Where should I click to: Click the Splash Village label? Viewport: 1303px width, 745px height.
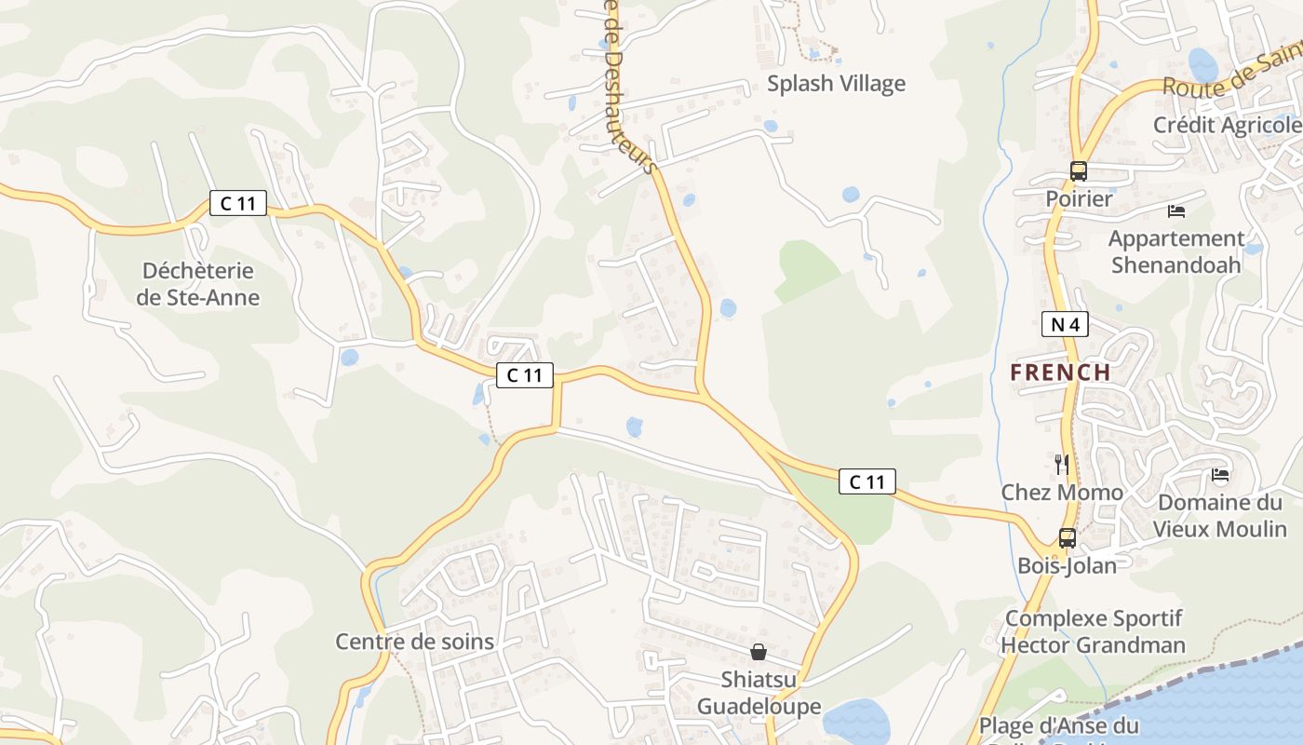(836, 84)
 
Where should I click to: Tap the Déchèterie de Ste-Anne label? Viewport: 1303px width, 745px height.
(198, 284)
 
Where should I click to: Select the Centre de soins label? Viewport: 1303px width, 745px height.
(414, 642)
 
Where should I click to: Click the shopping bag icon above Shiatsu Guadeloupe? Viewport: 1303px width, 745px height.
(759, 652)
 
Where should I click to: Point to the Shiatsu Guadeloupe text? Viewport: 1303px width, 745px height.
(759, 693)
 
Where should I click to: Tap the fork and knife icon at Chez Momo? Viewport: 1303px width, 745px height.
(1061, 464)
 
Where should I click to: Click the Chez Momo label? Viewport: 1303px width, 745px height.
(1062, 492)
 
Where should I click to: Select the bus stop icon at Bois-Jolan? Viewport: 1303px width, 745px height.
(1067, 538)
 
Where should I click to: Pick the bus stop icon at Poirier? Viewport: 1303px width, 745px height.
(1079, 171)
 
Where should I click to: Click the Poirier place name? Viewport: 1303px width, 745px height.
(1079, 198)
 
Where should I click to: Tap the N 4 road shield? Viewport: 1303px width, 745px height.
(1065, 324)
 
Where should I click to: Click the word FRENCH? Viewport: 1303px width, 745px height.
(1061, 372)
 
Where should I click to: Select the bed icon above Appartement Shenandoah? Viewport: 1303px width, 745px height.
(1176, 211)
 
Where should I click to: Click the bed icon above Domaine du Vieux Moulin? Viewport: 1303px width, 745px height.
(1220, 476)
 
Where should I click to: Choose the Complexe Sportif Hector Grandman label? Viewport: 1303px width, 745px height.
(1094, 631)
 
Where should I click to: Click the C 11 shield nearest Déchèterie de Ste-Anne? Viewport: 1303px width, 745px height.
(238, 203)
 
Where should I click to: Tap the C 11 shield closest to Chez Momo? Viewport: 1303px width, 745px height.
(867, 481)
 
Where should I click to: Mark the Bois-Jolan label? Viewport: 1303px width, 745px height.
(1067, 565)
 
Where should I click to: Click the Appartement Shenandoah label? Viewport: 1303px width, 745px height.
(1175, 251)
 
